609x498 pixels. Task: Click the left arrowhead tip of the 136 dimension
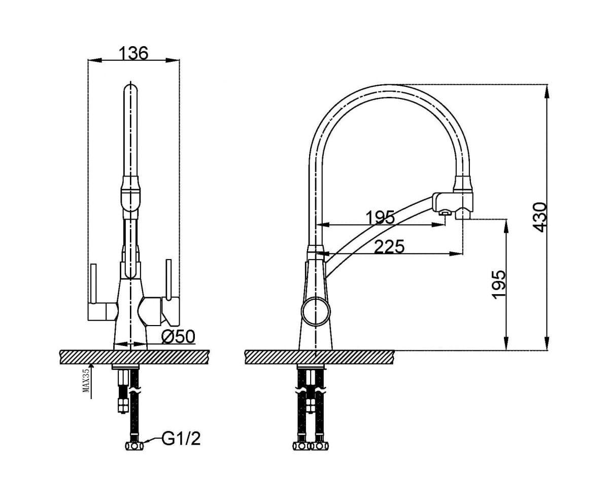[x=88, y=60]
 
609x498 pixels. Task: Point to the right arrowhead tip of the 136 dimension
[x=179, y=60]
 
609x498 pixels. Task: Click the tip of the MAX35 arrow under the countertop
[x=91, y=363]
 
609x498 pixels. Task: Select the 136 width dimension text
[x=133, y=53]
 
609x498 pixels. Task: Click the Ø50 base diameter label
[x=179, y=336]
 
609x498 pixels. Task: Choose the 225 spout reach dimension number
[x=389, y=246]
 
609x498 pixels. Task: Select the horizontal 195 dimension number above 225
[x=380, y=217]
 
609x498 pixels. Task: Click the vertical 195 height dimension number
[x=499, y=284]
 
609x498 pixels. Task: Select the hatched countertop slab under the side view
[x=320, y=357]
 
